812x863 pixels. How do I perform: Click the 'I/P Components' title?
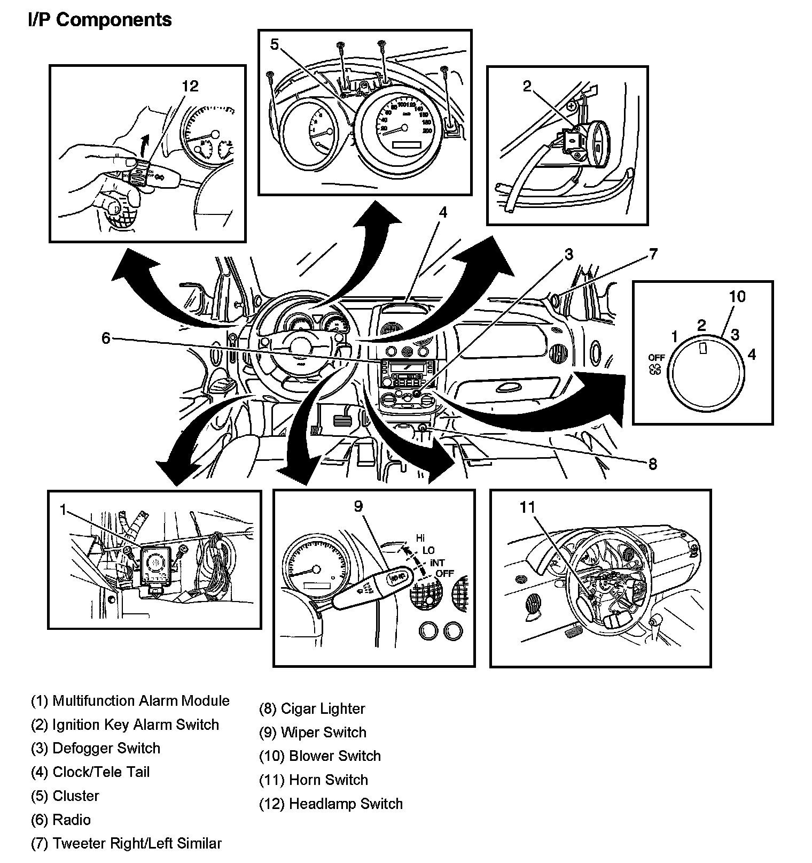pos(100,20)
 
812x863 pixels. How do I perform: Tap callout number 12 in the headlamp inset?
pos(190,86)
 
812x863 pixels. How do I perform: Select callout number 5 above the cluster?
pos(275,44)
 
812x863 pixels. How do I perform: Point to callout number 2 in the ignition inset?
pos(527,86)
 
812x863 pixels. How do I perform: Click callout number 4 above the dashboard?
pos(443,212)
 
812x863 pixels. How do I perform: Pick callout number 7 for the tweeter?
pos(653,254)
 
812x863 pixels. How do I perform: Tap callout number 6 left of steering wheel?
pos(106,338)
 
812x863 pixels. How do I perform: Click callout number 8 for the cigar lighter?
pos(653,464)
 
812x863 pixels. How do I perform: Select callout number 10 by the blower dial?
pos(737,296)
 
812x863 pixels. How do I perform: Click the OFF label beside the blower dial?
pos(657,357)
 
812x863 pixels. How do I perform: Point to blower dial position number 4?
pos(752,354)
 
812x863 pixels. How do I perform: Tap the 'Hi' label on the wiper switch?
pos(420,538)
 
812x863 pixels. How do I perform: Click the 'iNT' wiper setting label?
pos(437,563)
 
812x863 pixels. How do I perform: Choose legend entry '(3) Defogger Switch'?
pos(96,748)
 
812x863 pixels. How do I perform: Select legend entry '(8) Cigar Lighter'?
pos(312,708)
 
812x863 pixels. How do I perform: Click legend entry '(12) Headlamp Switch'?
pos(331,804)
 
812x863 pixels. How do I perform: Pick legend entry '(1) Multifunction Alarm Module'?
pos(130,700)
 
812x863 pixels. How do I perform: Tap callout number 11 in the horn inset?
pos(527,507)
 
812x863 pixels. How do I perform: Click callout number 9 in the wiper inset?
pos(358,506)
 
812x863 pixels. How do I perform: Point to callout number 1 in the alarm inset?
pos(63,510)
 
